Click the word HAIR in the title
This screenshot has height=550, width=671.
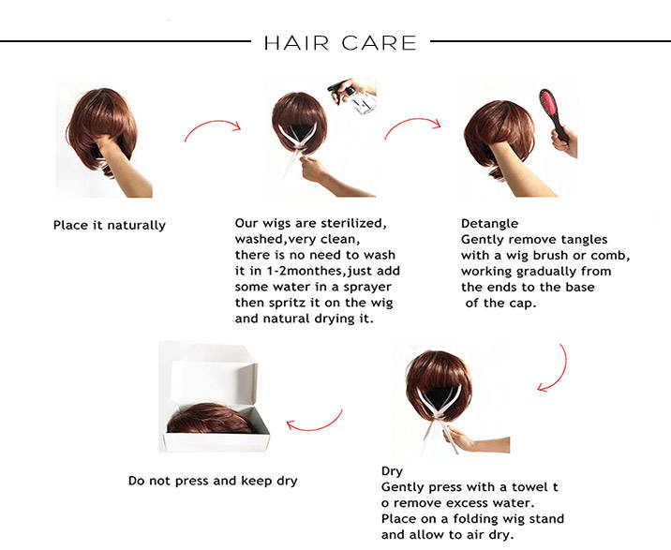296,43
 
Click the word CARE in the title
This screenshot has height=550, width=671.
379,43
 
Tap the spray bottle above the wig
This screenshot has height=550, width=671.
353,97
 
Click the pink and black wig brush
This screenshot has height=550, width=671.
554,114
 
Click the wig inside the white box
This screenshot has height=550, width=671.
210,418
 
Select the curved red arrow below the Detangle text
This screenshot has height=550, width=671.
559,373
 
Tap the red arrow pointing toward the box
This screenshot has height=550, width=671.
315,426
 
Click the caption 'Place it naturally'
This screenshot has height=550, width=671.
110,225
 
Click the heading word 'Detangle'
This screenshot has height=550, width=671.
489,223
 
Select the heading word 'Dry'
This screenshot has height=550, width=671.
392,471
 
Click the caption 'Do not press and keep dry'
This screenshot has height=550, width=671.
213,481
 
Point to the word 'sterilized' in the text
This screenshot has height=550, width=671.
353,223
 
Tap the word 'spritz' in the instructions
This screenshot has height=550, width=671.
287,303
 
